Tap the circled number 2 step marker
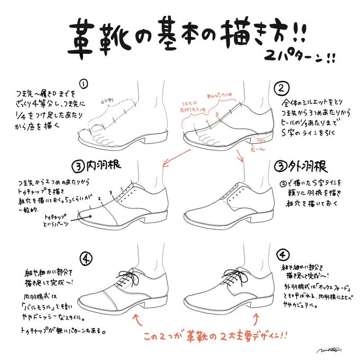282,87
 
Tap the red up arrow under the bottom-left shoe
137,318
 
